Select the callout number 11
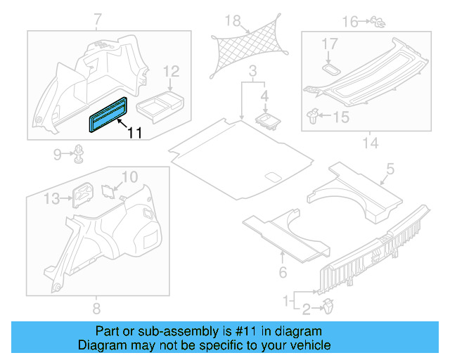(134, 131)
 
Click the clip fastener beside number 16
(378, 23)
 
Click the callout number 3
(252, 70)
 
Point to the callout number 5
(390, 169)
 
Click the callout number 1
(285, 300)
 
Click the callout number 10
(131, 176)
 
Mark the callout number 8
(96, 308)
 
